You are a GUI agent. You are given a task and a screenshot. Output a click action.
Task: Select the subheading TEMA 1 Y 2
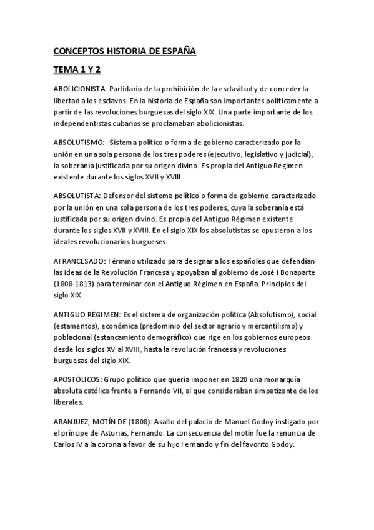pos(77,69)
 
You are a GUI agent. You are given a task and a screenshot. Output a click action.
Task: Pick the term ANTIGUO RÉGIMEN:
pos(87,312)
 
